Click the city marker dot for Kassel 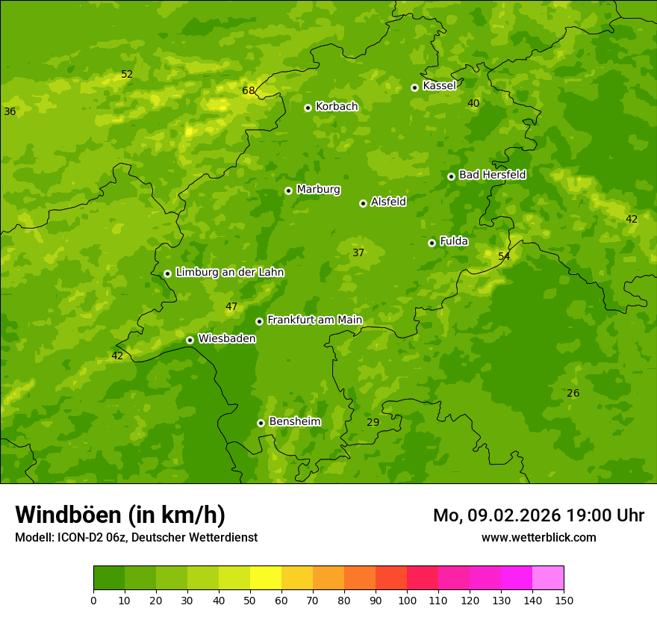pyautogui.click(x=414, y=87)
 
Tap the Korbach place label pyautogui.click(x=337, y=107)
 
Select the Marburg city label pyautogui.click(x=318, y=190)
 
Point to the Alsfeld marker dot pyautogui.click(x=363, y=203)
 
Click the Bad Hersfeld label pyautogui.click(x=492, y=175)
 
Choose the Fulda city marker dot pyautogui.click(x=432, y=243)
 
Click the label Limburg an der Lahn pyautogui.click(x=230, y=273)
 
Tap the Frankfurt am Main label pyautogui.click(x=314, y=320)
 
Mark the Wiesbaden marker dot pyautogui.click(x=190, y=340)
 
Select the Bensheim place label pyautogui.click(x=294, y=422)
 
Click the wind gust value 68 pyautogui.click(x=249, y=91)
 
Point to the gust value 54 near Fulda pyautogui.click(x=504, y=257)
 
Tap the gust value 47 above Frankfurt pyautogui.click(x=231, y=307)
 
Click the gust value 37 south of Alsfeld pyautogui.click(x=358, y=253)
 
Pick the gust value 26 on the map pyautogui.click(x=573, y=394)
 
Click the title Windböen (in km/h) pyautogui.click(x=120, y=515)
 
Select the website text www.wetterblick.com pyautogui.click(x=538, y=537)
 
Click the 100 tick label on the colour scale pyautogui.click(x=407, y=600)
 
